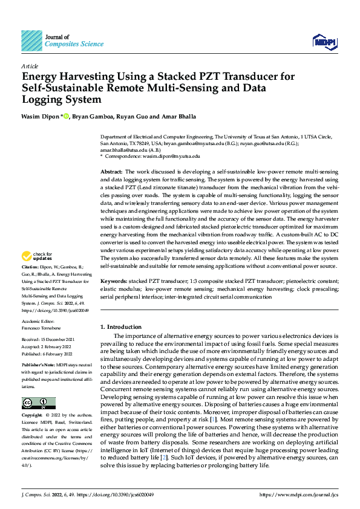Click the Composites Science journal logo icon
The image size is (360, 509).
[x=31, y=41]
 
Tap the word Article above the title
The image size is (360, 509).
[x=30, y=66]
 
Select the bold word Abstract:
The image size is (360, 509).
[x=111, y=172]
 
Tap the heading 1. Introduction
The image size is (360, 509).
[x=120, y=327]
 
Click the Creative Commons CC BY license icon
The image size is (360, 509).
[x=38, y=403]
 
